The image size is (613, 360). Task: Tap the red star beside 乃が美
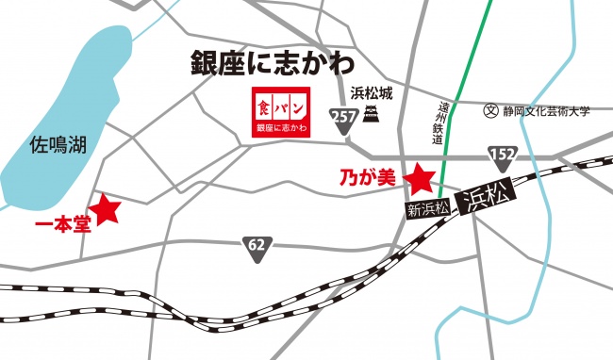coord(418,177)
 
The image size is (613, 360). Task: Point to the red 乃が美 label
coord(371,176)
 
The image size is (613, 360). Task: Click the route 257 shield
coord(343,115)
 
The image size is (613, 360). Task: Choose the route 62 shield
coord(256,245)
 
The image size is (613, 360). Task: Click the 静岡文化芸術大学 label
coord(546,110)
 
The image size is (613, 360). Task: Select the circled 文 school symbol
coord(489,110)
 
